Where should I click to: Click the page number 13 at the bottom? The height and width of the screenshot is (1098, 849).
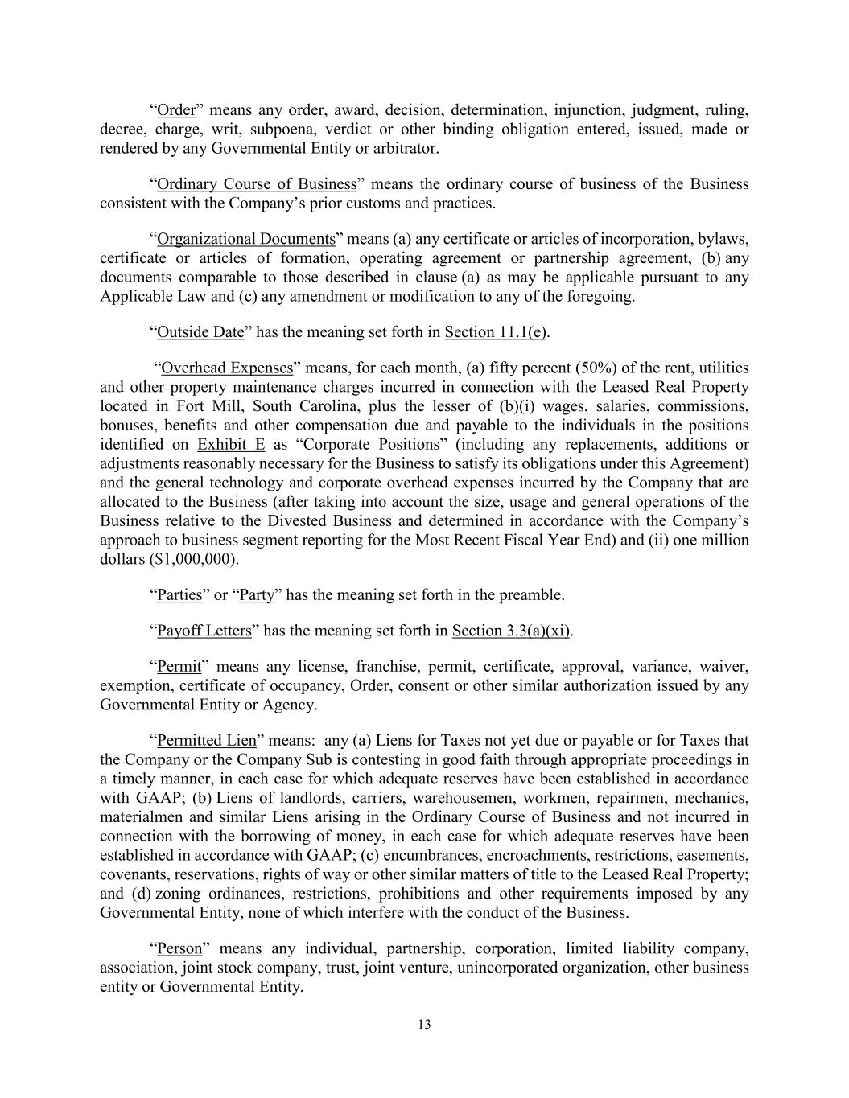(424, 1025)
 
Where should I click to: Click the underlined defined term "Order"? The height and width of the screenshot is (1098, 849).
(176, 110)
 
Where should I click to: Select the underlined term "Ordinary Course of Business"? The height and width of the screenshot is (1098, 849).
(256, 184)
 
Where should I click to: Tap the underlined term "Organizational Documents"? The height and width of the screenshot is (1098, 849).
(245, 239)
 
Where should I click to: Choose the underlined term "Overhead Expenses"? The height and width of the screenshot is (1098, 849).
(227, 368)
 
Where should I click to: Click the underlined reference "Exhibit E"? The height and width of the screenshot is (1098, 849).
(231, 445)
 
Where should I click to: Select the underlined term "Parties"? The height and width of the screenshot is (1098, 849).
(179, 595)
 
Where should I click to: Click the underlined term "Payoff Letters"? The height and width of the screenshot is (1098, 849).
(204, 631)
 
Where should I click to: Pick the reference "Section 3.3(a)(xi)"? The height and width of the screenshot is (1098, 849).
(511, 631)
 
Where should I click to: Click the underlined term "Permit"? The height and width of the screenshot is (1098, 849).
(179, 667)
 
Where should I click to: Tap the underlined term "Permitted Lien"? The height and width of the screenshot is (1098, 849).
(206, 741)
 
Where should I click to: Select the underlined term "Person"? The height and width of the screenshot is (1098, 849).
(179, 948)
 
